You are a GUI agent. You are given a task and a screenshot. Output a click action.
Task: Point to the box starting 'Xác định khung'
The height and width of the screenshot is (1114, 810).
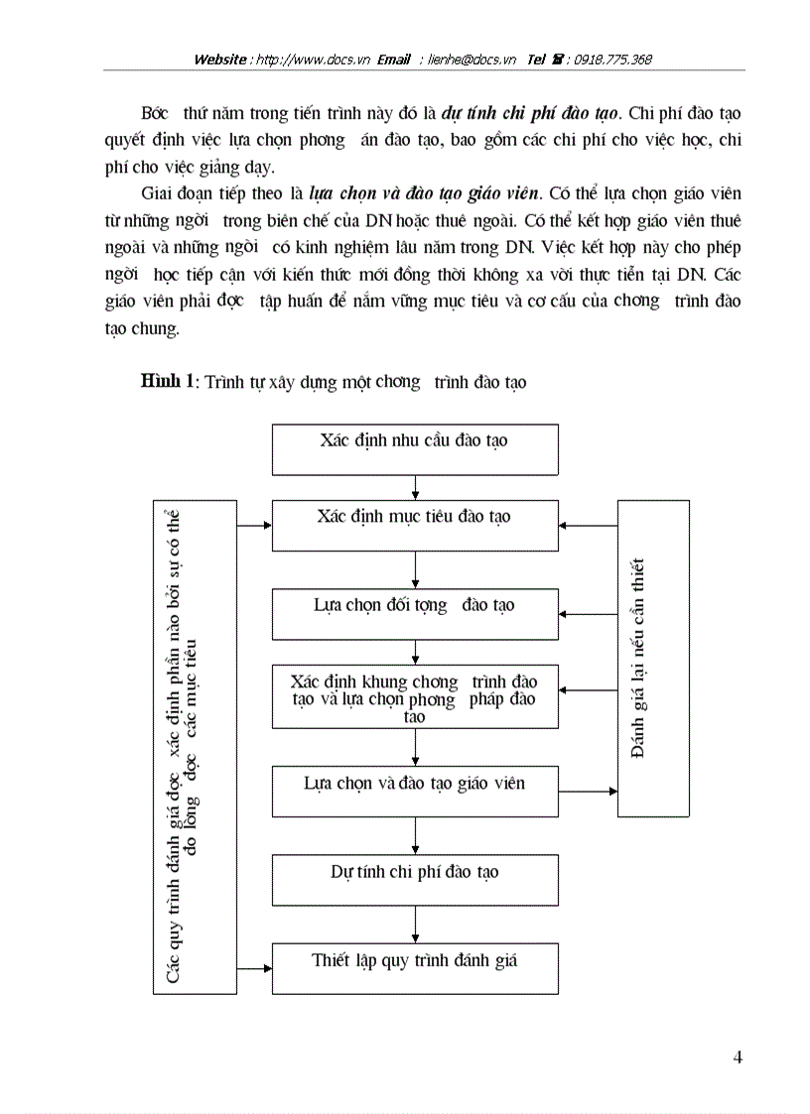(415, 698)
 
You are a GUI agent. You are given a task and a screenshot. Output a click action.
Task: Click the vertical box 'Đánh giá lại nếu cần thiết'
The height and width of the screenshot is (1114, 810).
(653, 659)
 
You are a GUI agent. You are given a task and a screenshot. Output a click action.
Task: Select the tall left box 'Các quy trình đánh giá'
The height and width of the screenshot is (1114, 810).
(195, 747)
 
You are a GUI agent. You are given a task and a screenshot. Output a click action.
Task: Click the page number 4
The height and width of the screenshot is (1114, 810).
(738, 1056)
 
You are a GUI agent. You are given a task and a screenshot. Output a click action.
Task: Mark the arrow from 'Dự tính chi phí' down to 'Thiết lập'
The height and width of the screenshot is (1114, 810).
(415, 925)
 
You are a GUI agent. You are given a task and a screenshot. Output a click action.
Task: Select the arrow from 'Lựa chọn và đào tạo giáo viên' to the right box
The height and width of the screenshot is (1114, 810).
(588, 792)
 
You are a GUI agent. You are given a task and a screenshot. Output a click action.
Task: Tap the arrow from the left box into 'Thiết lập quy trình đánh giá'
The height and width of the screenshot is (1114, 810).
(254, 968)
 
